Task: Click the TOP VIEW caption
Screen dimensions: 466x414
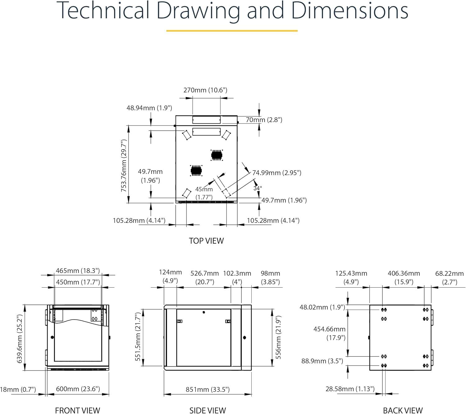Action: click(x=206, y=241)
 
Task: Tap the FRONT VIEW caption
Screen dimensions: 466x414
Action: click(x=78, y=410)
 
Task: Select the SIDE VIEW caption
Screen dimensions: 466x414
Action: click(x=208, y=410)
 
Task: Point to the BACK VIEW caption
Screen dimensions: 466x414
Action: click(x=403, y=410)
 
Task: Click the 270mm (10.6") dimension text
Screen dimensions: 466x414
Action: click(x=205, y=90)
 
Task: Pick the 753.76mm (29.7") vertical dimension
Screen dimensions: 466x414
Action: click(x=124, y=166)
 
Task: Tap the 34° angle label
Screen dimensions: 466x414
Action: click(x=257, y=188)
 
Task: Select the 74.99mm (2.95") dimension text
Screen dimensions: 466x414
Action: click(x=277, y=173)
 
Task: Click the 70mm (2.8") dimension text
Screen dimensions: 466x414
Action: click(x=264, y=120)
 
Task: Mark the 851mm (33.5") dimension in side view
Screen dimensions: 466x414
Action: click(x=208, y=389)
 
